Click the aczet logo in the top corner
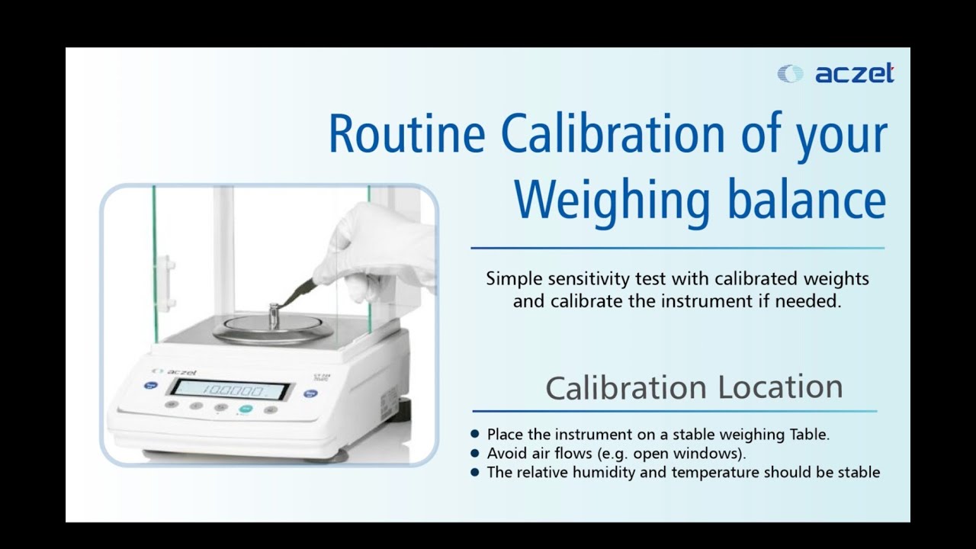836,74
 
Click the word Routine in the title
406,134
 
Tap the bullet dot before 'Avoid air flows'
475,453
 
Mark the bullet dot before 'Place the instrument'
475,434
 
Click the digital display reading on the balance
230,390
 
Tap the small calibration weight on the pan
274,315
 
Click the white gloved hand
377,244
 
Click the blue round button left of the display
150,386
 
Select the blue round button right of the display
310,394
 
